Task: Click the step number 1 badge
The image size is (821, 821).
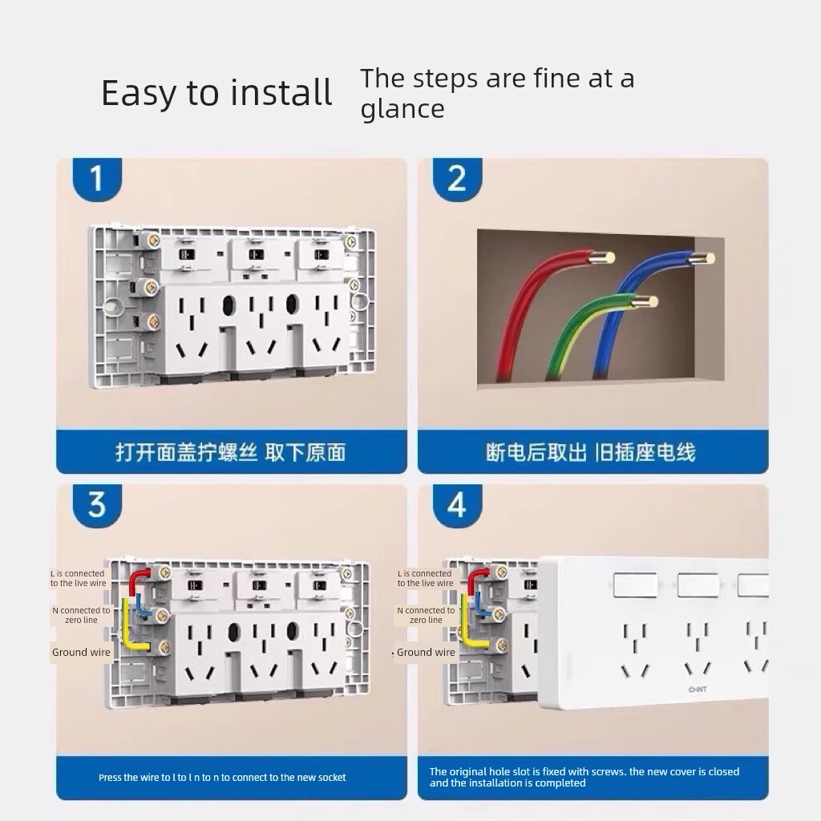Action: tap(97, 179)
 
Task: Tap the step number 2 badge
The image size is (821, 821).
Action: tap(457, 179)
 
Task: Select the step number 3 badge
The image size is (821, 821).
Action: tap(97, 505)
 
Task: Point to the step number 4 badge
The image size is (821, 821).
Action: tap(457, 505)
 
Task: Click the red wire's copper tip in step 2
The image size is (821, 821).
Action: tap(602, 257)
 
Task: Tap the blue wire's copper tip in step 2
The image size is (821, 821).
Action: tap(702, 257)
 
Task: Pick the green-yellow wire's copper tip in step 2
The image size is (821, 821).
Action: tap(646, 301)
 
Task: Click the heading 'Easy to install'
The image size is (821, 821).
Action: tap(216, 93)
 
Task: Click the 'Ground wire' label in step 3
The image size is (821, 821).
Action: tap(81, 653)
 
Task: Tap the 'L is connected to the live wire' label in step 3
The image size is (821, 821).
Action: tap(78, 579)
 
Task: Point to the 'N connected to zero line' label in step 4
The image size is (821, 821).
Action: tap(427, 615)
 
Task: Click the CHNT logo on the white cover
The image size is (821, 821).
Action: tap(698, 690)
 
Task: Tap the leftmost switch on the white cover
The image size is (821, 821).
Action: tap(635, 584)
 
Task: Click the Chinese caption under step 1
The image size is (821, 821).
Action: tap(231, 452)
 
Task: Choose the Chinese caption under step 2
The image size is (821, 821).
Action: tap(591, 452)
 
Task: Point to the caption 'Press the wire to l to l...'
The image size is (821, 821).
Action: tap(222, 778)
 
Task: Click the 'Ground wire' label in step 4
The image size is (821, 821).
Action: tap(426, 653)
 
